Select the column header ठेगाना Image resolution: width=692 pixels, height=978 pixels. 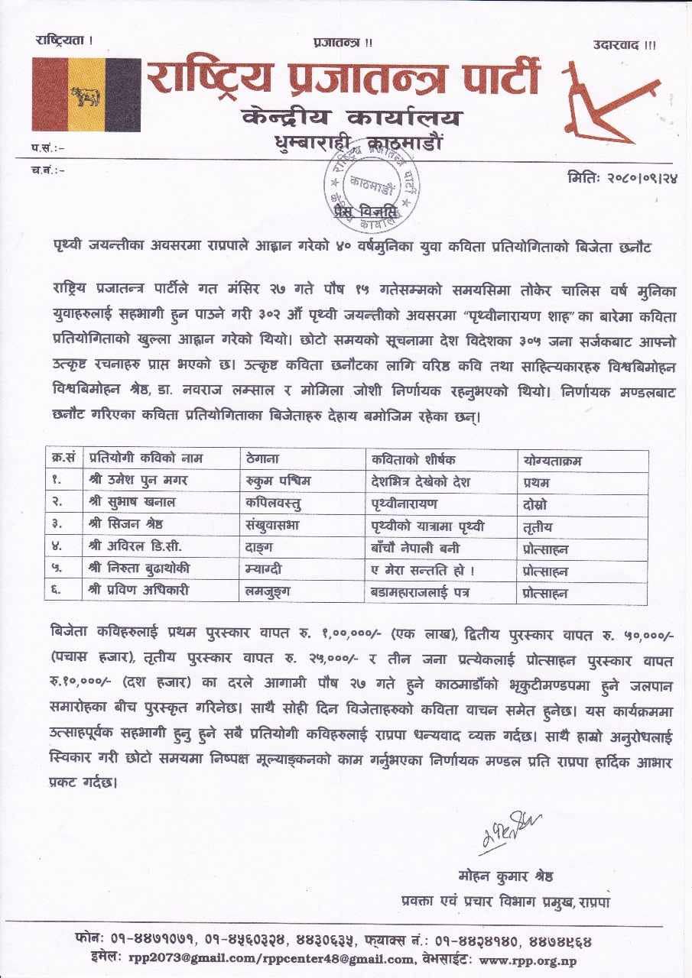(264, 459)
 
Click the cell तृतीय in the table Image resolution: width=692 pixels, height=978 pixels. (538, 526)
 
